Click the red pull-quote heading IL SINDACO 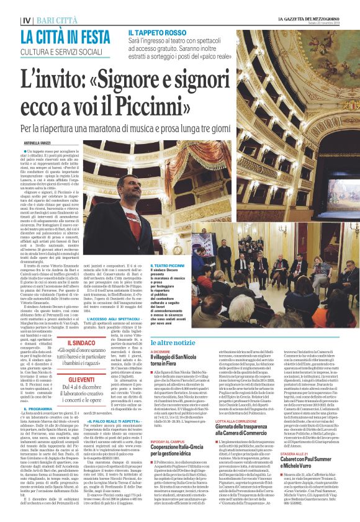tap(81, 343)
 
